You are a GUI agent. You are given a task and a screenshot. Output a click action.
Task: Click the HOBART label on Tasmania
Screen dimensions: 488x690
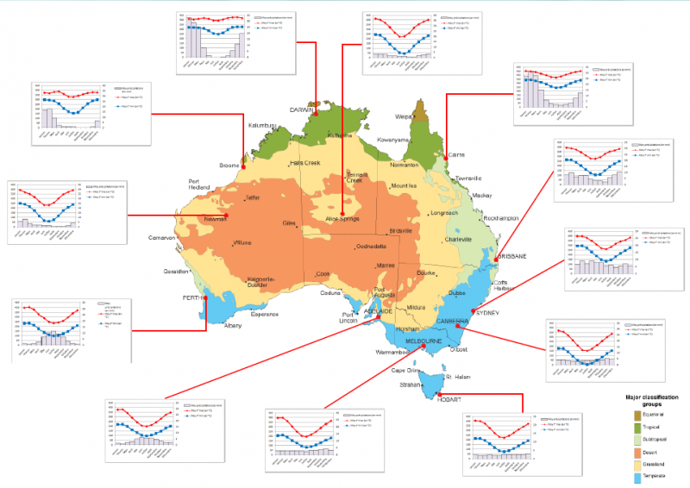click(x=448, y=400)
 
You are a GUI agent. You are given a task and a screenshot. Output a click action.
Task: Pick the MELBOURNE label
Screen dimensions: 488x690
click(x=423, y=341)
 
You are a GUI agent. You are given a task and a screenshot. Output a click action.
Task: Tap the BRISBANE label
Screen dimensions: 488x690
click(x=512, y=258)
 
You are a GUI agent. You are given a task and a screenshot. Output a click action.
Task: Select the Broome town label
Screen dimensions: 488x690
click(x=229, y=165)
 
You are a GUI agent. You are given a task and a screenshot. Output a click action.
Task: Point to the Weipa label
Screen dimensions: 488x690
click(x=404, y=115)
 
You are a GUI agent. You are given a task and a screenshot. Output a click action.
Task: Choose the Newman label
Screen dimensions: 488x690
click(x=215, y=220)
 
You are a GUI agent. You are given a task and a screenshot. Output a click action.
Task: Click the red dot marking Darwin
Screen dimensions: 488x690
click(x=317, y=113)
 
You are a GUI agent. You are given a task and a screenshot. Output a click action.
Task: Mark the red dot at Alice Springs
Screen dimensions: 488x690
click(x=342, y=214)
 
